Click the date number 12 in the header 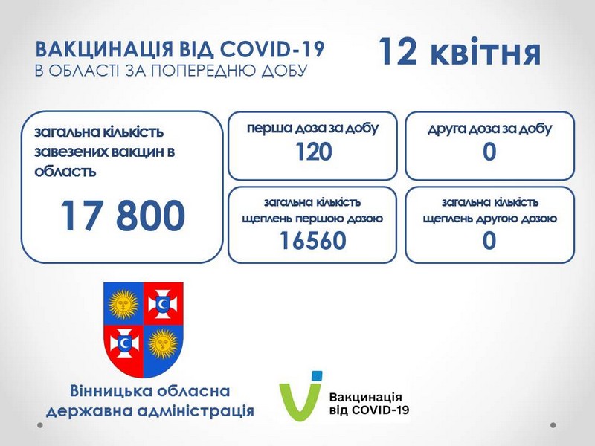pos(398,51)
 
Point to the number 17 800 pos(123,216)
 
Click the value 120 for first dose pos(313,152)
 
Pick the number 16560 pos(313,240)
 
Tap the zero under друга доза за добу pos(489,152)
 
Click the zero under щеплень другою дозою pos(489,240)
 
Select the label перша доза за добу pos(313,129)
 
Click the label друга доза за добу pos(489,129)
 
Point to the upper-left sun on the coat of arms pos(123,303)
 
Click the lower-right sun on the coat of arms pos(163,343)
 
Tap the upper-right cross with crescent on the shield pos(163,303)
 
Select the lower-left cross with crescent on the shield pos(123,343)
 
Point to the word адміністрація pos(196,411)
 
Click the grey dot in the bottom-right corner pos(553,425)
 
